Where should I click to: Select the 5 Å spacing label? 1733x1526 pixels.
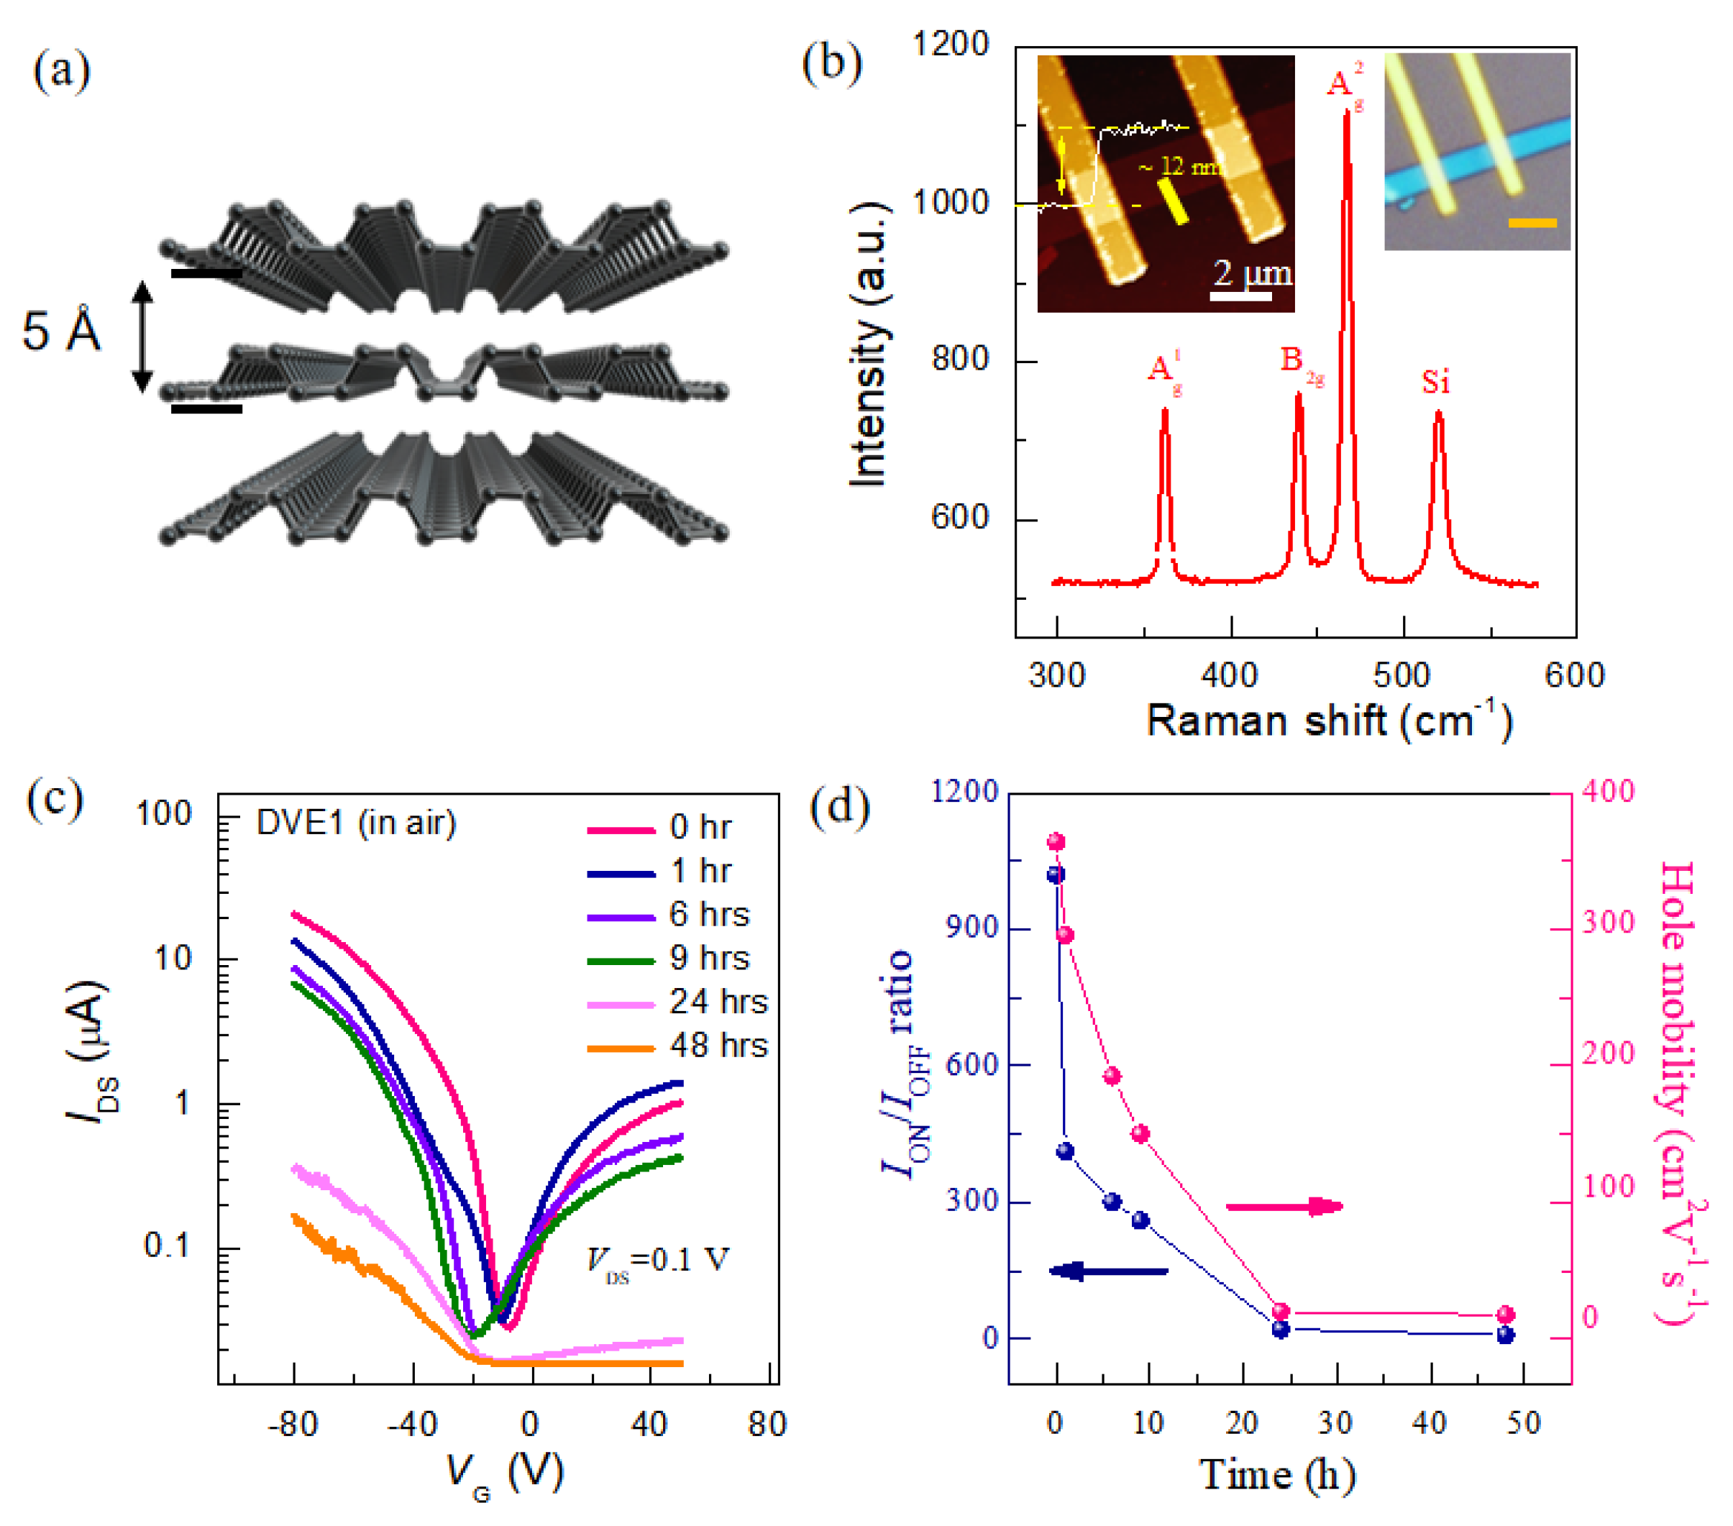pyautogui.click(x=61, y=332)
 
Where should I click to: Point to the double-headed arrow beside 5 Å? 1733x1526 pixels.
pyautogui.click(x=142, y=337)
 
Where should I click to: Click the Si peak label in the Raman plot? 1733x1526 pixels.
pyautogui.click(x=1435, y=383)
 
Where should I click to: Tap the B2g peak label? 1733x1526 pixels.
pyautogui.click(x=1300, y=363)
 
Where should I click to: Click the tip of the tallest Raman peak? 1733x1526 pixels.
pyautogui.click(x=1346, y=113)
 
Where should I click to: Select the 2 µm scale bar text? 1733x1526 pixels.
pyautogui.click(x=1251, y=273)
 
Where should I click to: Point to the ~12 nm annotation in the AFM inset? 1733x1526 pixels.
pyautogui.click(x=1179, y=166)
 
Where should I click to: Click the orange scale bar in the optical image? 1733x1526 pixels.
pyautogui.click(x=1532, y=223)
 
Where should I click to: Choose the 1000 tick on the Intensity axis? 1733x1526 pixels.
pyautogui.click(x=950, y=203)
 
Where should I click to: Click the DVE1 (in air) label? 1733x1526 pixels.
pyautogui.click(x=356, y=823)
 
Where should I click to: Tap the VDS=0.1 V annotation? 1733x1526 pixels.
pyautogui.click(x=657, y=1261)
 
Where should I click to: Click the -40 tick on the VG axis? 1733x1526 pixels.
pyautogui.click(x=412, y=1425)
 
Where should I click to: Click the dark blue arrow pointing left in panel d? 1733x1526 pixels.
pyautogui.click(x=1108, y=1271)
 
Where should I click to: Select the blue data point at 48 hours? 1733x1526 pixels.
pyautogui.click(x=1505, y=1335)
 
